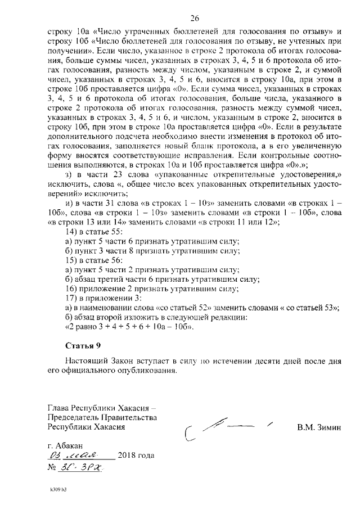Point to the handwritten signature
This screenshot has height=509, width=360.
click(225, 428)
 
